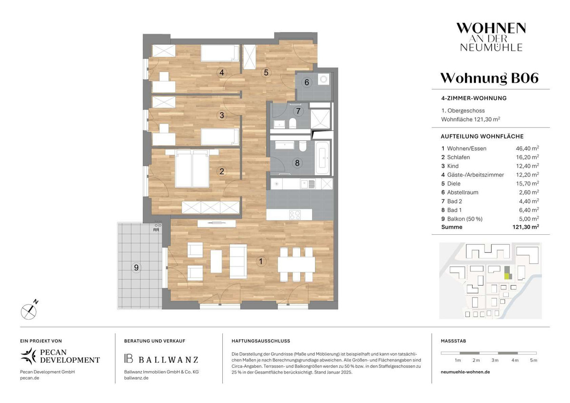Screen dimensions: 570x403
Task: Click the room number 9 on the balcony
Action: click(x=136, y=268)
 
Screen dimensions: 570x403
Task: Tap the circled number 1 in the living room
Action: click(x=261, y=261)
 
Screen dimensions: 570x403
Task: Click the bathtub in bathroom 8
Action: click(x=322, y=158)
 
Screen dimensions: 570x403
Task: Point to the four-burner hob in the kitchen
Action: click(x=295, y=215)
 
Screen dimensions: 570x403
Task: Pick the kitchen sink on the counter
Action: click(x=308, y=184)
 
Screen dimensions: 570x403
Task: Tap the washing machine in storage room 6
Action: click(x=323, y=79)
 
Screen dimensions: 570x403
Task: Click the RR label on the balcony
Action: click(x=156, y=230)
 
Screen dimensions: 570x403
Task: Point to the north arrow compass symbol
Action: click(x=29, y=310)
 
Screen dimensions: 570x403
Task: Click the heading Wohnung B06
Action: click(x=489, y=78)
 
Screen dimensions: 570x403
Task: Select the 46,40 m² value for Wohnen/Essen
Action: click(x=527, y=148)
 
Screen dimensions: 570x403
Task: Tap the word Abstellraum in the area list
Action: click(x=463, y=192)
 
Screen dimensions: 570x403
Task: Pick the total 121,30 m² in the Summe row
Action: click(x=526, y=227)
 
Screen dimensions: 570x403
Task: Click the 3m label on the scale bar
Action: click(x=495, y=360)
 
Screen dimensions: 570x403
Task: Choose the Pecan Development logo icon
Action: click(x=29, y=356)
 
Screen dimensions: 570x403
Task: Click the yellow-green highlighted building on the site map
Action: click(x=508, y=276)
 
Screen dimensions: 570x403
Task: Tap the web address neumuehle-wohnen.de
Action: click(x=465, y=372)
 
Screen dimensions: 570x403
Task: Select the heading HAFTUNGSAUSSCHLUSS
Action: click(x=261, y=341)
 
